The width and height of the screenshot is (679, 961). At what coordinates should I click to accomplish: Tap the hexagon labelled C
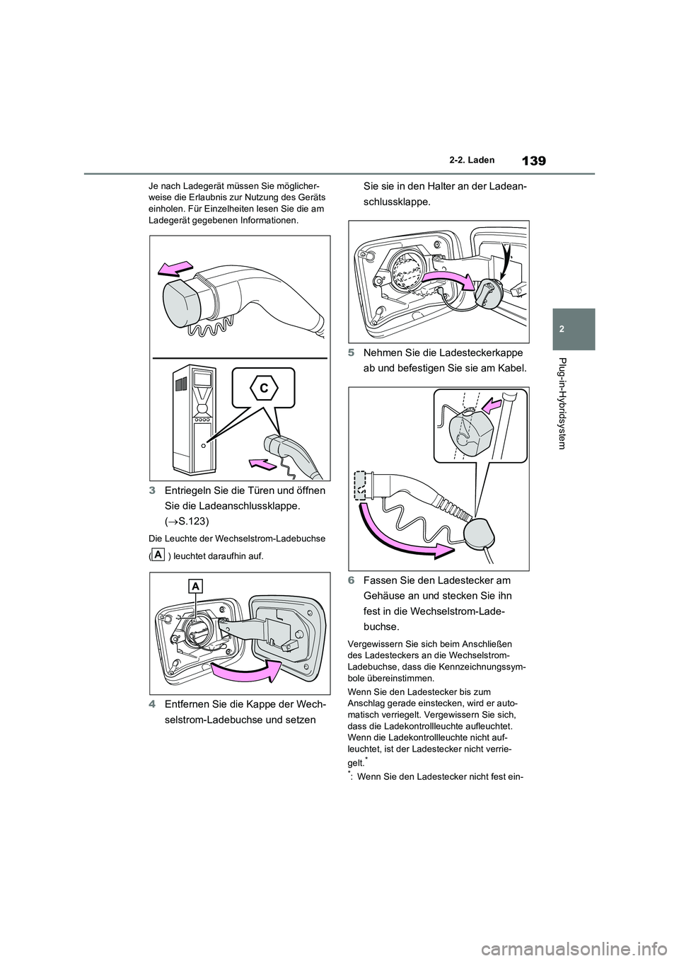click(262, 388)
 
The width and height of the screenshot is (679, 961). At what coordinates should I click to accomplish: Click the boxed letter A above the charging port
click(196, 585)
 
